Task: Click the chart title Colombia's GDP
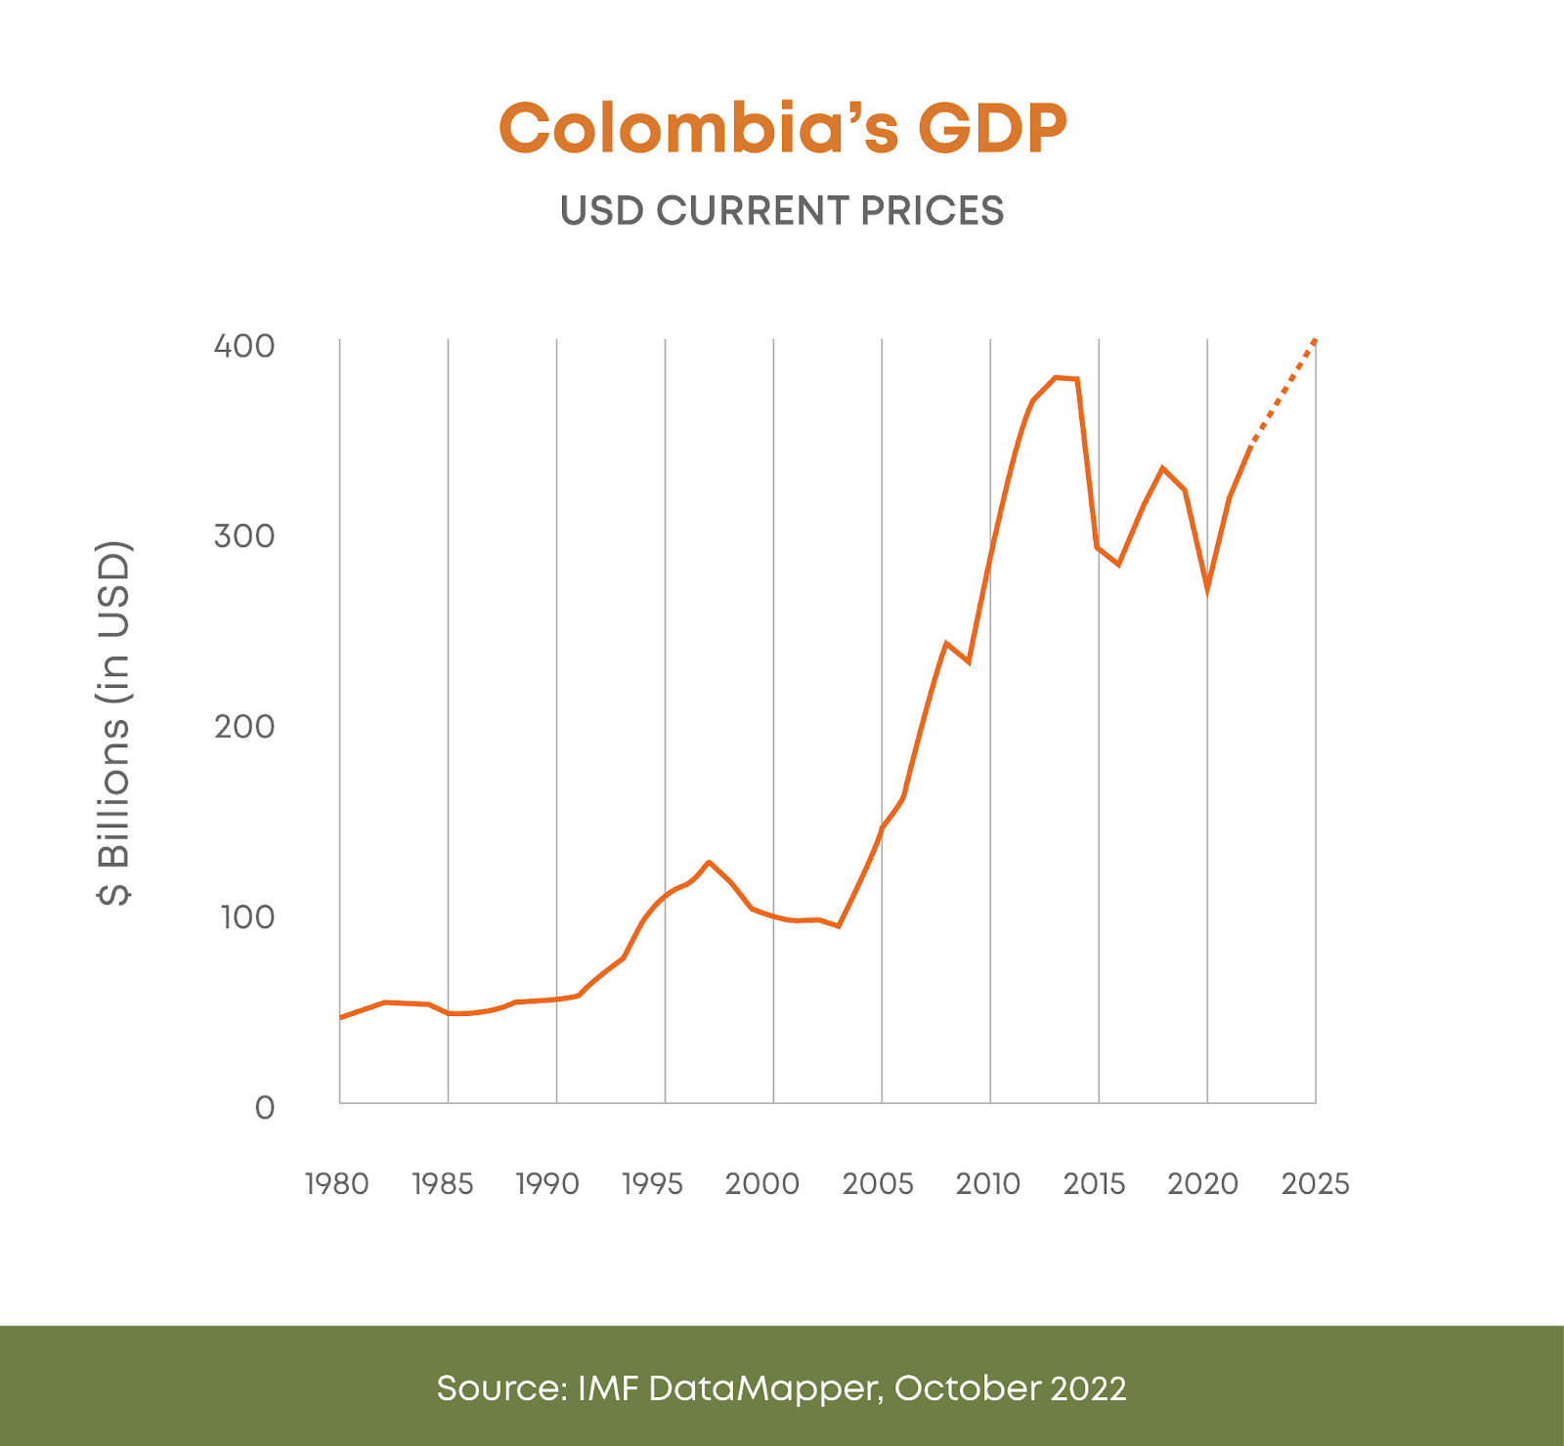point(782,128)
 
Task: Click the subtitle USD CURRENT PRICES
point(782,211)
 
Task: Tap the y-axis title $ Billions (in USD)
point(114,723)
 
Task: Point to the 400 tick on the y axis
point(244,346)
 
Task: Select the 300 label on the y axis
point(244,535)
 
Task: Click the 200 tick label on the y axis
point(244,726)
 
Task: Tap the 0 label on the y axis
point(264,1108)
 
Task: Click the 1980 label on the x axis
point(337,1184)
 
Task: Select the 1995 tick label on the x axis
point(652,1184)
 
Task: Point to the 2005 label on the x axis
point(878,1184)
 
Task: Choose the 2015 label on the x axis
point(1095,1184)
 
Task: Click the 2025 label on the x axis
point(1316,1184)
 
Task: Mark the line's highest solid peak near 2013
point(1056,377)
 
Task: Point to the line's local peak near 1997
point(709,862)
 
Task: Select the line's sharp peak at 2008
point(946,643)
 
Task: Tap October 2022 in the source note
point(1010,1388)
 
